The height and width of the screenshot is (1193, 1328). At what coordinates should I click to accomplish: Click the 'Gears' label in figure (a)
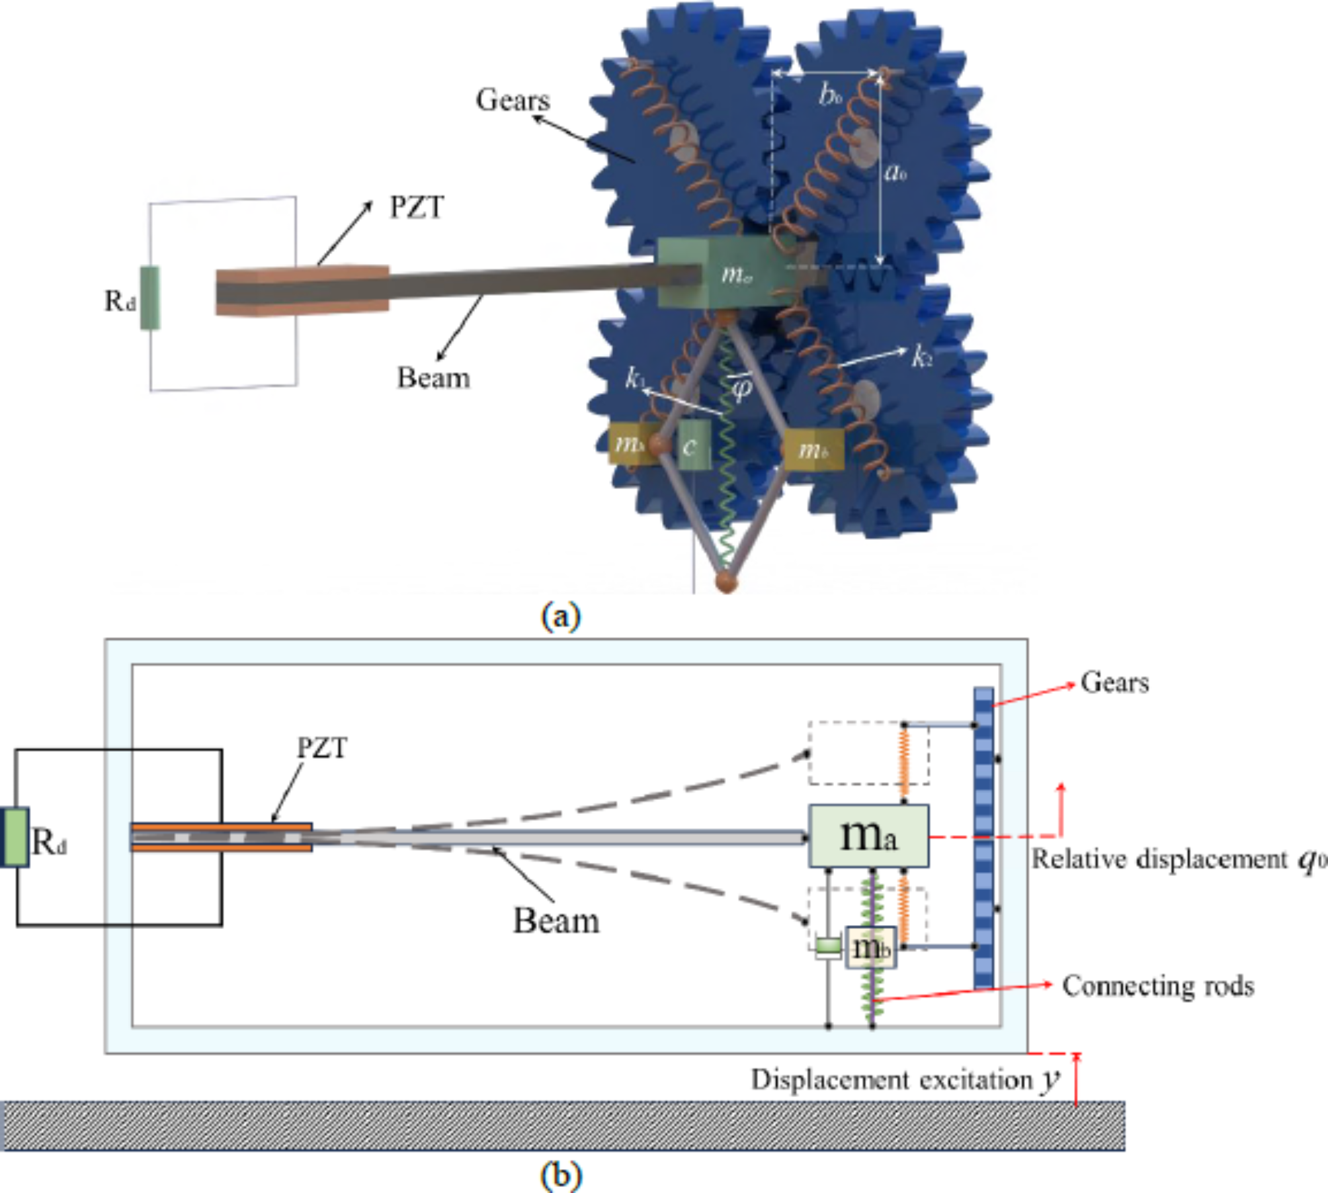(x=513, y=100)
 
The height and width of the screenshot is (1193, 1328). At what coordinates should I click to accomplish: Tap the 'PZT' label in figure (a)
(x=417, y=207)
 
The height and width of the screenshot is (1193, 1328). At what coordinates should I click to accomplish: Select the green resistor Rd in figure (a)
(x=150, y=298)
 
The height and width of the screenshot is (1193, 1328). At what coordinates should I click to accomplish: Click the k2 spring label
(x=922, y=357)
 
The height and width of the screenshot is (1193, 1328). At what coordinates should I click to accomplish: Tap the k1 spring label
(x=634, y=378)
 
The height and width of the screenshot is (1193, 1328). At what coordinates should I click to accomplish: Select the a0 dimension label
(x=895, y=173)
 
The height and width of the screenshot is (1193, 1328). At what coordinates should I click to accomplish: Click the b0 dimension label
(x=830, y=95)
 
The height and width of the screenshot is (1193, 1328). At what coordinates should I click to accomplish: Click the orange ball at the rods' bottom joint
(x=726, y=582)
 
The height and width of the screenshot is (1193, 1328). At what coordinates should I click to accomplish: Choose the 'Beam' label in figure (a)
(x=433, y=378)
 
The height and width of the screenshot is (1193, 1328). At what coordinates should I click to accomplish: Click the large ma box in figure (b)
(x=868, y=836)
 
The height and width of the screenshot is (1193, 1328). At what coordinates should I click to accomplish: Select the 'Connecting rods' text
(x=1157, y=986)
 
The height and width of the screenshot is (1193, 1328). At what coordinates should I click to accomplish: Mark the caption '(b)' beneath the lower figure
(x=561, y=1175)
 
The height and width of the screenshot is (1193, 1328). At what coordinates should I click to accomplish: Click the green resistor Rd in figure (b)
(x=15, y=837)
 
